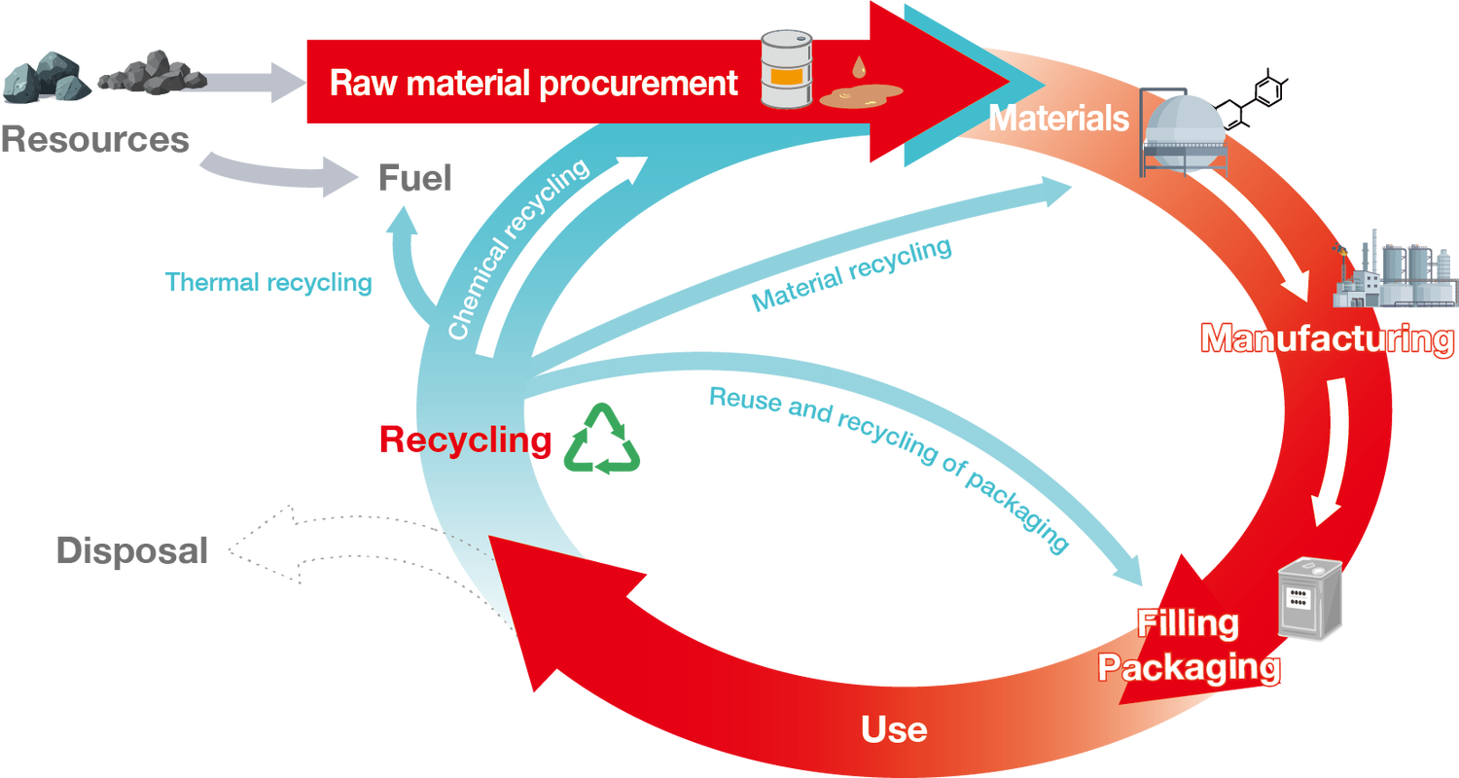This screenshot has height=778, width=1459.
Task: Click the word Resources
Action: coord(94,139)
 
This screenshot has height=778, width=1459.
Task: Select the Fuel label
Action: coord(414,178)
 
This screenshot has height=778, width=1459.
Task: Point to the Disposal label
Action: coord(132,550)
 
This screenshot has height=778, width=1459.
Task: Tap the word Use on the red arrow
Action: coord(894,728)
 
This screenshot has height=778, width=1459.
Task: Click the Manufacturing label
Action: coord(1327,338)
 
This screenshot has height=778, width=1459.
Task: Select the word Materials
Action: coord(1058,119)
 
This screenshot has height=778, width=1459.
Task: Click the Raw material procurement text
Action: coord(534,84)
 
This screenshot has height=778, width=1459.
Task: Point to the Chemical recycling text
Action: coord(518,250)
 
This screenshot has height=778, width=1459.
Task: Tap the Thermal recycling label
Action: coord(269,283)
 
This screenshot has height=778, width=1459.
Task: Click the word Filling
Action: coord(1188,623)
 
